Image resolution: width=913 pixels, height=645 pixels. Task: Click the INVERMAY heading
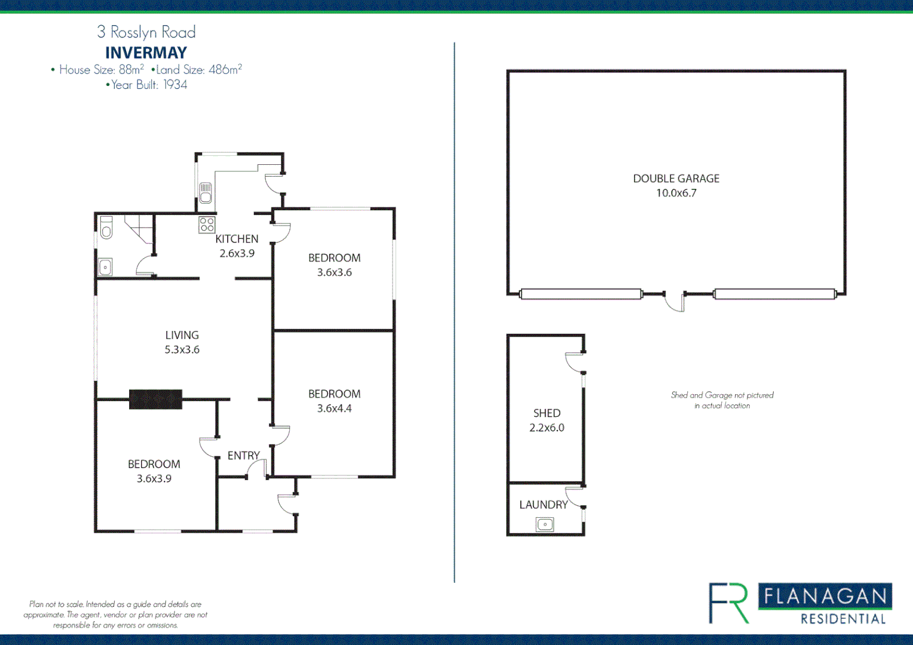click(x=146, y=53)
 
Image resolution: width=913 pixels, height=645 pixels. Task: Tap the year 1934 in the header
click(x=175, y=85)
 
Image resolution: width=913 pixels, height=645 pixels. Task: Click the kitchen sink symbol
click(x=206, y=192)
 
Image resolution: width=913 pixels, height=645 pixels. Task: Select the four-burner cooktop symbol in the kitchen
click(x=207, y=225)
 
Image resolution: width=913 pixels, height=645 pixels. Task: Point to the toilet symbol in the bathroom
click(x=106, y=228)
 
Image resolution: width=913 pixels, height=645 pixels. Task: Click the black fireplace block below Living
click(x=155, y=399)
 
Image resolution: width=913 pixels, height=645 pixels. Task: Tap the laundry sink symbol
click(x=544, y=524)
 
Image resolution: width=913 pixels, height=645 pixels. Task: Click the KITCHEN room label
click(x=237, y=239)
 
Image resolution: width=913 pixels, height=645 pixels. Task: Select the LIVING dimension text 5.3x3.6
click(x=182, y=350)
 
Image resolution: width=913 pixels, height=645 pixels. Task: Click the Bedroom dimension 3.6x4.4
click(x=334, y=408)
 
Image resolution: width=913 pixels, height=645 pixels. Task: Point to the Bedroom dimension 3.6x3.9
click(x=154, y=478)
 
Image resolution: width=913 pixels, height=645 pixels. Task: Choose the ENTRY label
click(x=243, y=456)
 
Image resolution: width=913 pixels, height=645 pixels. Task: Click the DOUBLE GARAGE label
click(x=676, y=179)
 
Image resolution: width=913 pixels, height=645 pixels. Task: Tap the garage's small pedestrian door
click(x=675, y=302)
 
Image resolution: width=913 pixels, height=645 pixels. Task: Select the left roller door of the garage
click(x=580, y=294)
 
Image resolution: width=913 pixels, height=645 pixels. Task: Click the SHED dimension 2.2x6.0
click(x=546, y=428)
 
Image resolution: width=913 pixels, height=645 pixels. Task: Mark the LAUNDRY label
click(x=543, y=505)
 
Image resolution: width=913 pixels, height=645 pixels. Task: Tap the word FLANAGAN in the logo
click(x=825, y=596)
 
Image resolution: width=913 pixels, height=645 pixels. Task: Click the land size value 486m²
click(x=225, y=69)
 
